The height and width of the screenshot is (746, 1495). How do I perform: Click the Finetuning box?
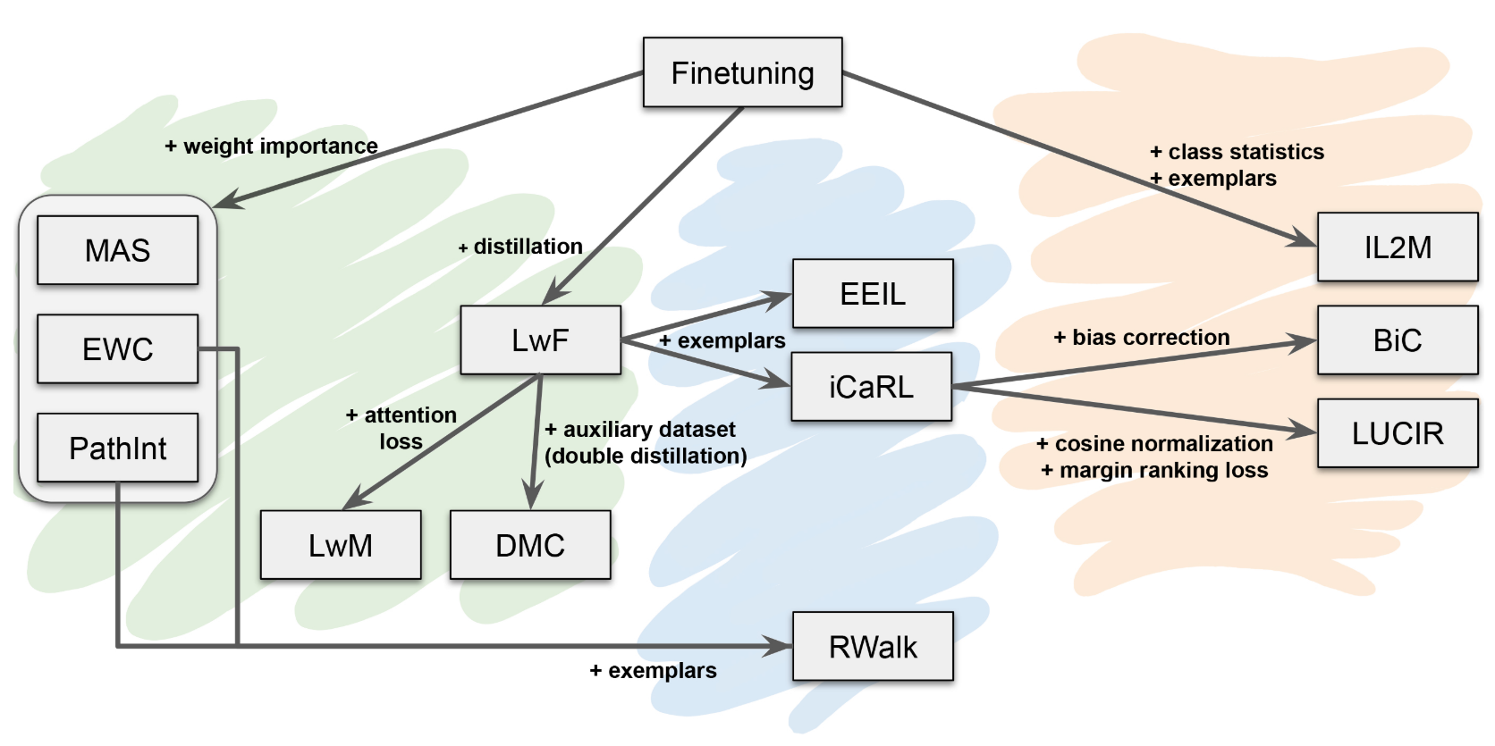742,72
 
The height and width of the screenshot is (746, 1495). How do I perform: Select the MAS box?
117,250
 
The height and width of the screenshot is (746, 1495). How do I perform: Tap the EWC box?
117,348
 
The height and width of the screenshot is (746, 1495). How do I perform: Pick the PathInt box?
117,448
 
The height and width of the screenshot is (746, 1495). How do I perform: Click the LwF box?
540,339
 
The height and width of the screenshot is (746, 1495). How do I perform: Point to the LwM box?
340,545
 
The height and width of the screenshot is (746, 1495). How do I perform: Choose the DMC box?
530,545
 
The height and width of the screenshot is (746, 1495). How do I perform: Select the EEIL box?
873,293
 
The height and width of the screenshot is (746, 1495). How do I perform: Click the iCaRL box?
871,386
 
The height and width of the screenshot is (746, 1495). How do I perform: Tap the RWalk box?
873,646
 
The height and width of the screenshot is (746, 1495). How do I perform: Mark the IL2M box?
1398,247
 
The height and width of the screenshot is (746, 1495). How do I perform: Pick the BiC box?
1398,339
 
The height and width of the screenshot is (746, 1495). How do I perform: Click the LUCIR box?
1398,433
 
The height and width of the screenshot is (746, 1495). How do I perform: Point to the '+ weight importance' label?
271,146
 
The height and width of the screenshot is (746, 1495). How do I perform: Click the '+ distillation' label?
520,247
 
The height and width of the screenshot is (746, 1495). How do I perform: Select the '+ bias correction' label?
1142,337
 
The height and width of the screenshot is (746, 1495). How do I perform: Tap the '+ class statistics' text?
1237,152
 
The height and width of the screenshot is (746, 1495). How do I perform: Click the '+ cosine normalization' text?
1154,443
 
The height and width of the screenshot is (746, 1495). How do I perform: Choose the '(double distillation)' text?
646,456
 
